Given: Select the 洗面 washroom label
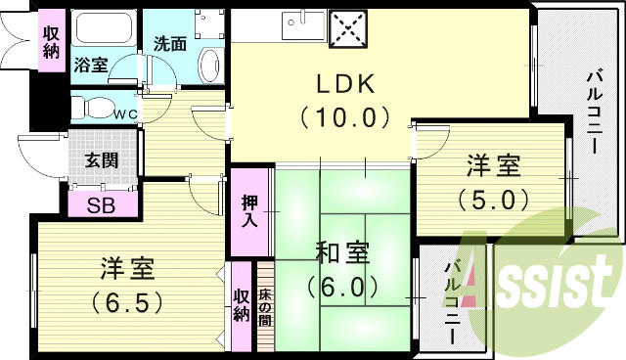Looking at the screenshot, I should click(171, 44).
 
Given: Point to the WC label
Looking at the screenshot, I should click(125, 113).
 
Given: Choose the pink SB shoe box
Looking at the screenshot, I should click(100, 206).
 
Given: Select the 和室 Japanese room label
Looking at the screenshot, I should click(341, 253).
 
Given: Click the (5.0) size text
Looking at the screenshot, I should click(493, 199).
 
